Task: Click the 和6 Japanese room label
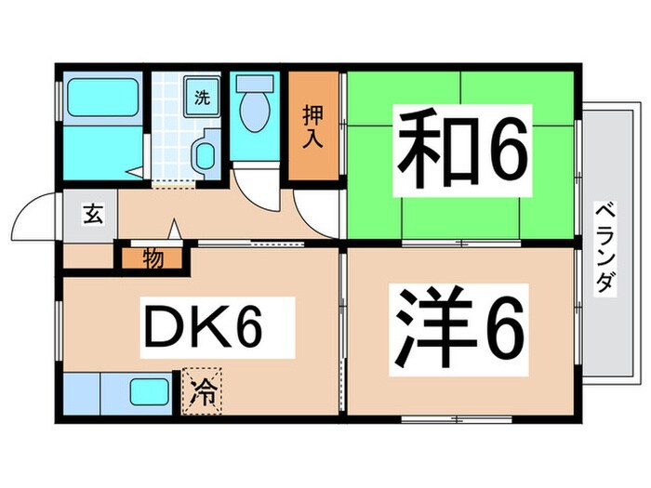click(x=462, y=152)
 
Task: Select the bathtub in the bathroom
click(x=103, y=99)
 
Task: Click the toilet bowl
click(x=253, y=115)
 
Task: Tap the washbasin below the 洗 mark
click(x=205, y=152)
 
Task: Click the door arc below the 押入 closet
click(x=314, y=212)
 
